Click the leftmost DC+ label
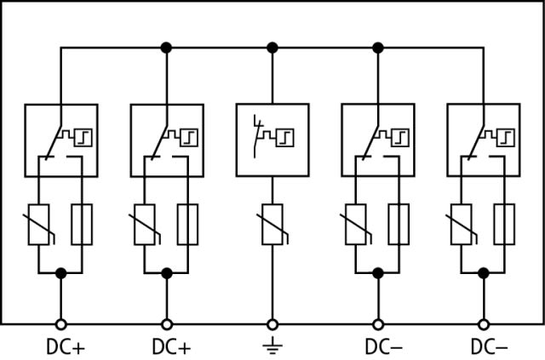pyautogui.click(x=66, y=347)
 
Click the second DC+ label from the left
pyautogui.click(x=171, y=347)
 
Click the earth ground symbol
pyautogui.click(x=272, y=346)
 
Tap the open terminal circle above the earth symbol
pyautogui.click(x=272, y=324)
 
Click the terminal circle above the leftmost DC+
pyautogui.click(x=60, y=324)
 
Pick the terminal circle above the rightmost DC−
pyautogui.click(x=484, y=324)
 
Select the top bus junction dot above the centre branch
pyautogui.click(x=272, y=48)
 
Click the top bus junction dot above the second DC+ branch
pyautogui.click(x=166, y=48)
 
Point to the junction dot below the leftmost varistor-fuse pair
pyautogui.click(x=60, y=273)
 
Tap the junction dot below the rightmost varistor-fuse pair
pyautogui.click(x=484, y=273)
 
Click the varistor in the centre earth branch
pyautogui.click(x=272, y=226)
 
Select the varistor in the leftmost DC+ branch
pyautogui.click(x=38, y=226)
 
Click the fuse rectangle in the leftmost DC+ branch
pyautogui.click(x=82, y=225)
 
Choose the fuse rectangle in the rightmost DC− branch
pyautogui.click(x=505, y=225)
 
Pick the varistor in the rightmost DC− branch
pyautogui.click(x=462, y=226)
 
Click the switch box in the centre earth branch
pyautogui.click(x=272, y=140)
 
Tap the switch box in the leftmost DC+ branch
pyautogui.click(x=60, y=140)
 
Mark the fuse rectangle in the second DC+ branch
pyautogui.click(x=187, y=225)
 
